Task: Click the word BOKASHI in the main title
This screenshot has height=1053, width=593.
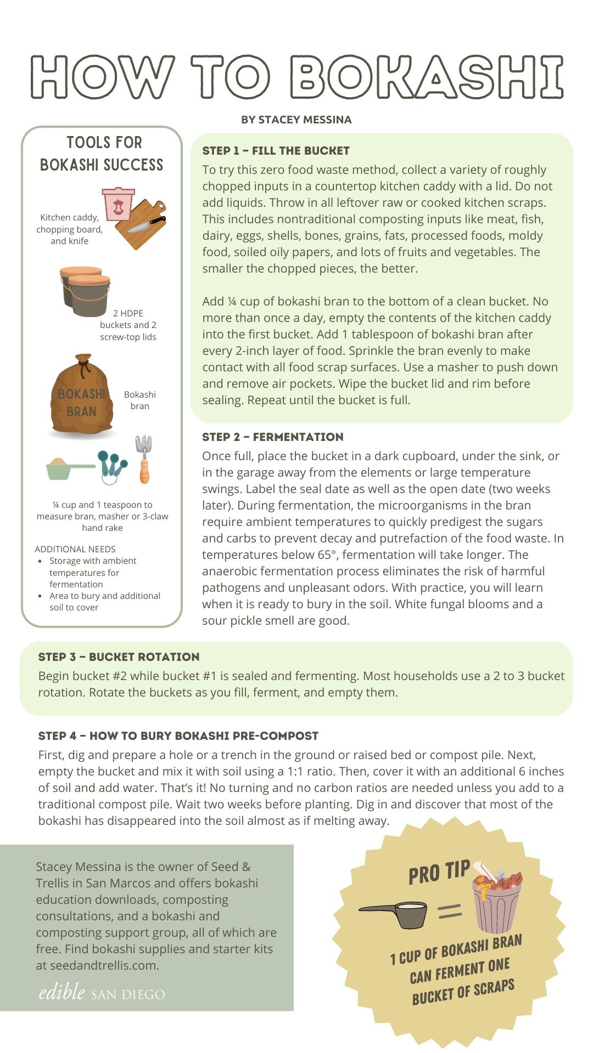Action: pos(426,77)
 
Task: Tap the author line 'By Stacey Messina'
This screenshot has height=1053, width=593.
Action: pos(296,120)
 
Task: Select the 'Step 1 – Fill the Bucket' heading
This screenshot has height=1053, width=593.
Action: pos(276,151)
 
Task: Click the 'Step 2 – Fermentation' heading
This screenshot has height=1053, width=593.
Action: pos(273,437)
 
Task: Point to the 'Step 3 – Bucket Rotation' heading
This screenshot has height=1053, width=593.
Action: pos(119,657)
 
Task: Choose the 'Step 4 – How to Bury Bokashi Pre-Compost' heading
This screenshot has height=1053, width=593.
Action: pos(178,736)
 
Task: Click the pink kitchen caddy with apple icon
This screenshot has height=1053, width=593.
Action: pos(118,204)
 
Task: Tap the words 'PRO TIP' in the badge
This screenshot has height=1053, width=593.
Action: pos(439,873)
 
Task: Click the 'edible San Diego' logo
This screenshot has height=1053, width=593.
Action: pos(102,992)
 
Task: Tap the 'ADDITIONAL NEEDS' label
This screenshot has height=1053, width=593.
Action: pos(75,549)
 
